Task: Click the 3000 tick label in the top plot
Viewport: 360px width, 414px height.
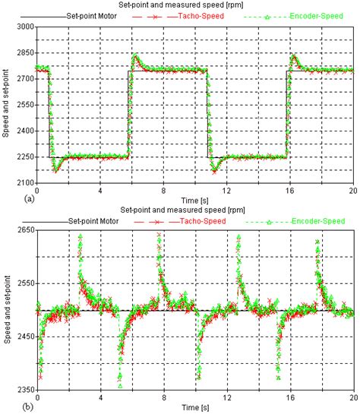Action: coord(24,27)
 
